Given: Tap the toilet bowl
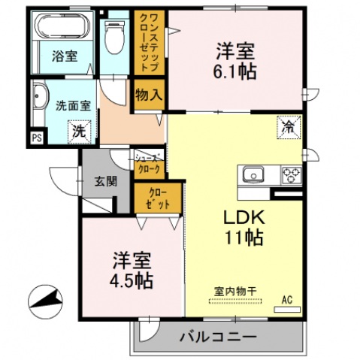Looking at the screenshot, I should pyautogui.click(x=115, y=37).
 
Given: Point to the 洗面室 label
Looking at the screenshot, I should pyautogui.click(x=73, y=106).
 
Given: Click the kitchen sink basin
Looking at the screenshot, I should pyautogui.click(x=253, y=174).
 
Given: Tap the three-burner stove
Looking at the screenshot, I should pyautogui.click(x=291, y=176).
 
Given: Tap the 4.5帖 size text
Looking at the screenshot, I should pyautogui.click(x=133, y=282).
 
